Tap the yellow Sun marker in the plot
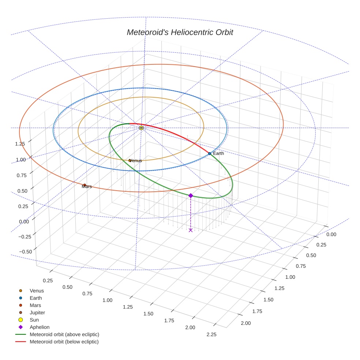point(141,128)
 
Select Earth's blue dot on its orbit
point(209,154)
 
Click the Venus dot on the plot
point(130,160)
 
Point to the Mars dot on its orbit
point(85,185)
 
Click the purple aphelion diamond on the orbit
point(191,196)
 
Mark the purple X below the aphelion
point(191,230)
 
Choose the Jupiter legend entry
point(37,312)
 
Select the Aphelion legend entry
point(39,327)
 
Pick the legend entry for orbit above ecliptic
point(64,334)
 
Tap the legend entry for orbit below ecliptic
point(64,342)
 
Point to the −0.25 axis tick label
point(25,237)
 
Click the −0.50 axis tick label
point(25,251)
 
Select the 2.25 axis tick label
point(211,334)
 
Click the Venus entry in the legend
point(37,291)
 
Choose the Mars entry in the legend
point(35,305)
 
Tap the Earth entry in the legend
point(35,298)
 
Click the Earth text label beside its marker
point(218,154)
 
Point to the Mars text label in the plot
point(87,187)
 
